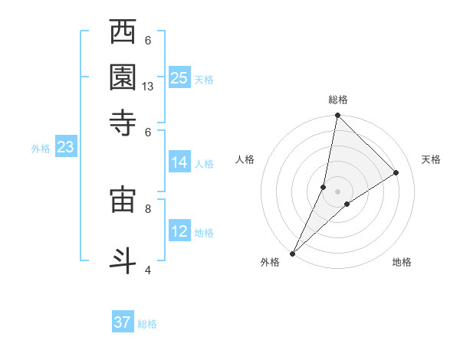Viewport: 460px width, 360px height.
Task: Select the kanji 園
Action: click(x=123, y=77)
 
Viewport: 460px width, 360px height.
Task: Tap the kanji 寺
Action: click(x=123, y=121)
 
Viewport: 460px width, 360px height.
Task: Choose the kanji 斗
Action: click(x=123, y=259)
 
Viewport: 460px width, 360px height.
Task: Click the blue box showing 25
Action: click(x=179, y=77)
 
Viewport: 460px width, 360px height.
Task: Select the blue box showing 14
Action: click(x=179, y=162)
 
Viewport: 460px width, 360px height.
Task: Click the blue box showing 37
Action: click(x=123, y=322)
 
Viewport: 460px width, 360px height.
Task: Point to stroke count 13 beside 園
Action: click(x=148, y=87)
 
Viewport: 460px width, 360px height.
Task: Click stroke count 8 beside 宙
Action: click(x=148, y=208)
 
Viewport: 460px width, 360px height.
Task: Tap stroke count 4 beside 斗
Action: click(x=148, y=269)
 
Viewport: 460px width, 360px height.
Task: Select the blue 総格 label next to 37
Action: click(x=147, y=324)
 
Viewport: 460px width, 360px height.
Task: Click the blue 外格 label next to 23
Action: click(x=41, y=149)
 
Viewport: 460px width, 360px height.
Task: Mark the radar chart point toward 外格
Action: click(x=293, y=253)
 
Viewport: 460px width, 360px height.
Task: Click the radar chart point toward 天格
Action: click(x=396, y=173)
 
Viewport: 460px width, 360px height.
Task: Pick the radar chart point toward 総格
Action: click(x=337, y=116)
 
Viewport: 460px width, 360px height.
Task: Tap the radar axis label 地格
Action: click(x=402, y=262)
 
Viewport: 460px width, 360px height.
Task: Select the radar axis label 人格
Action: click(x=245, y=159)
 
